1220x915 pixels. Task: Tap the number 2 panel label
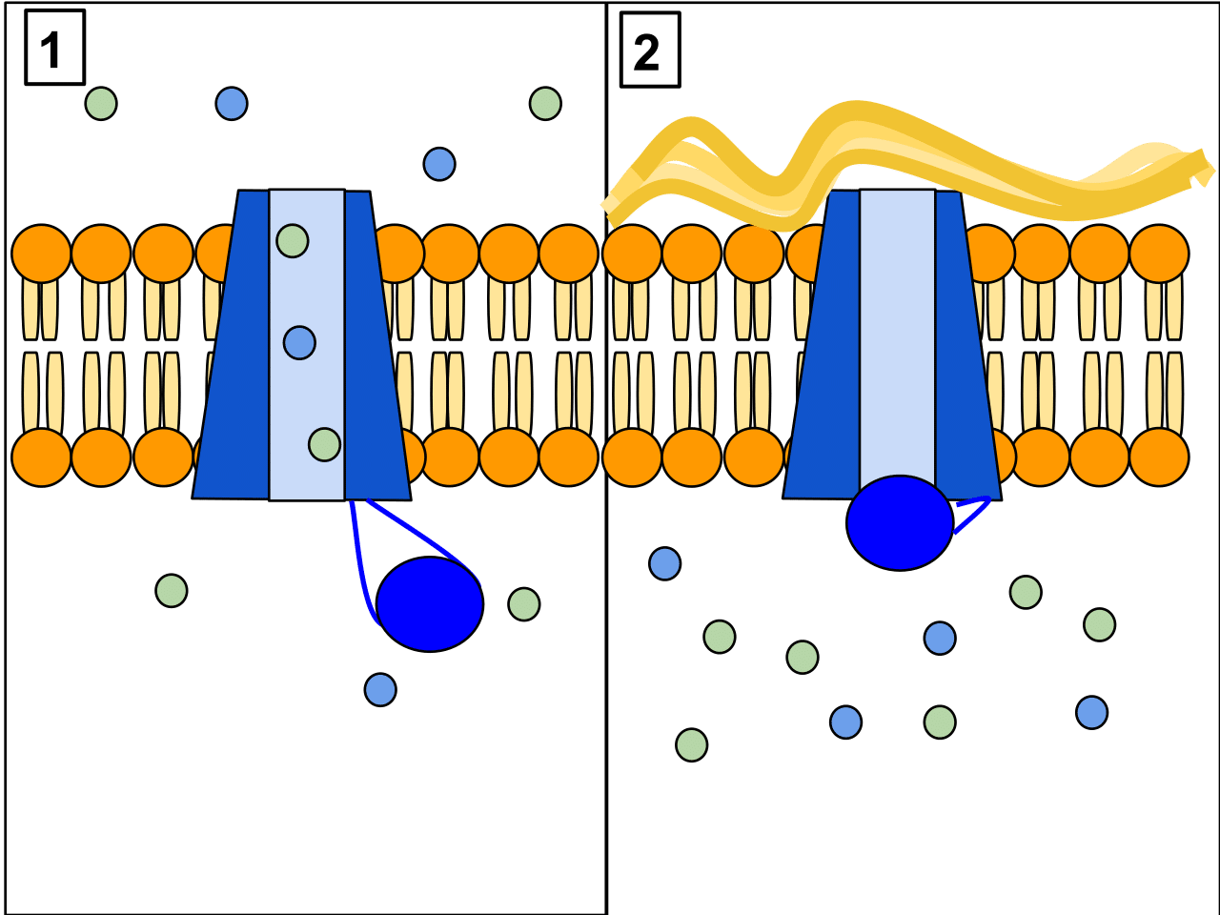[x=649, y=51]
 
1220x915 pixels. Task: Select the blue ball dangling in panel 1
[x=430, y=603]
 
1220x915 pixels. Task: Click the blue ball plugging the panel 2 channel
[x=899, y=522]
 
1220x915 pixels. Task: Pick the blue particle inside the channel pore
[x=299, y=342]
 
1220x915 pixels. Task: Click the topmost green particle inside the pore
[x=293, y=241]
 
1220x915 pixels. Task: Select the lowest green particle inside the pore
[x=324, y=444]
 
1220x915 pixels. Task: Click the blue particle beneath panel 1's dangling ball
[x=380, y=688]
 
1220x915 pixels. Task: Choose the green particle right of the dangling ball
[x=524, y=603]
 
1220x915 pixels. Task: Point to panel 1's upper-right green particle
[x=545, y=103]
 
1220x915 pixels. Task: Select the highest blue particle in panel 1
[x=232, y=103]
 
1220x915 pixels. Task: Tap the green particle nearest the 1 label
[x=101, y=103]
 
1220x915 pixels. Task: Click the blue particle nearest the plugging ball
[x=940, y=638]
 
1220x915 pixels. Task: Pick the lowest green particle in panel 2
[x=692, y=744]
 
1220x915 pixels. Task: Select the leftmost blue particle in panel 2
[x=664, y=563]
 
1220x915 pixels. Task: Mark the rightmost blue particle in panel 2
[x=1091, y=712]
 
